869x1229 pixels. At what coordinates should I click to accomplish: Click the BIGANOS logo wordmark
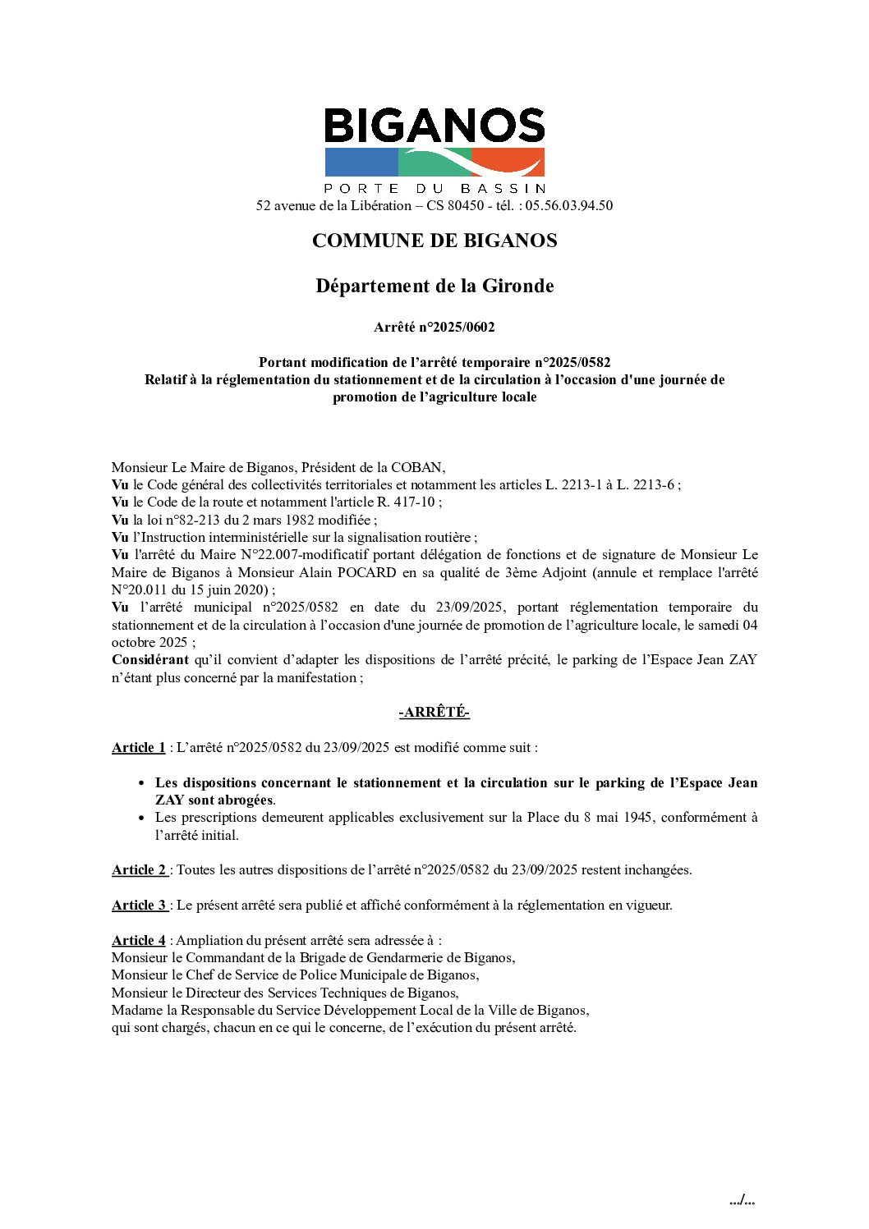(434, 126)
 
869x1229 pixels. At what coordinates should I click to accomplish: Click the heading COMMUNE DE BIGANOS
(434, 241)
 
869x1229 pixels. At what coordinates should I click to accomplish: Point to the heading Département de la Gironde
(434, 286)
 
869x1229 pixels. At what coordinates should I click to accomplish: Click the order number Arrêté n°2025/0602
(434, 327)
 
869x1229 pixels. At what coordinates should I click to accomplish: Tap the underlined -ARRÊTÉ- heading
(434, 712)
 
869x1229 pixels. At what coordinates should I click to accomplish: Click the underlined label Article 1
(138, 747)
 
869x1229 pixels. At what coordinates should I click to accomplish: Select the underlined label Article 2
(139, 869)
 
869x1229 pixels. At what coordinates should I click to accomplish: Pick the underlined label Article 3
(139, 905)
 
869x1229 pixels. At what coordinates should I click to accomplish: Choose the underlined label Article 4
(138, 940)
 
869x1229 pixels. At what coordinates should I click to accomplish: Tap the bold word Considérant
(149, 659)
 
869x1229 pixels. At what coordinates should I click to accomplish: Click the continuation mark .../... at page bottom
(742, 1200)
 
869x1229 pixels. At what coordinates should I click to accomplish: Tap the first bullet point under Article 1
(142, 783)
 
